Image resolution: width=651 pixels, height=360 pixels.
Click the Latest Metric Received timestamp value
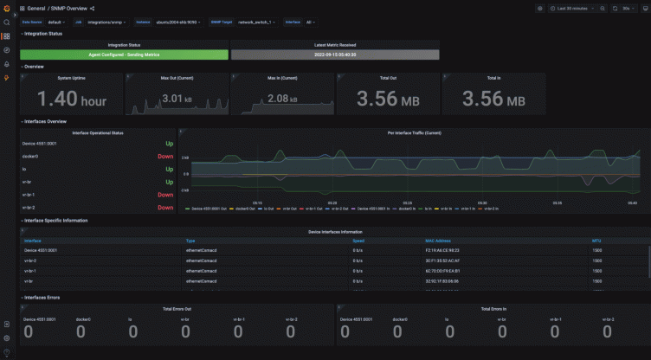pyautogui.click(x=335, y=55)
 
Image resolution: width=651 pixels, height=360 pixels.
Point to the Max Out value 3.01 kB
pyautogui.click(x=177, y=99)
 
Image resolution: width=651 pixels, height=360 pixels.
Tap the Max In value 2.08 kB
pyautogui.click(x=282, y=99)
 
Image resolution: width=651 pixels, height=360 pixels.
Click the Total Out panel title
pyautogui.click(x=388, y=78)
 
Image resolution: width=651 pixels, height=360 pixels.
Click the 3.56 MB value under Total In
pyautogui.click(x=493, y=100)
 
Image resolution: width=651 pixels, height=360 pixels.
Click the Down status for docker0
pyautogui.click(x=165, y=157)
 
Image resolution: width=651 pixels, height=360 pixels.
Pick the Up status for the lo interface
pyautogui.click(x=169, y=170)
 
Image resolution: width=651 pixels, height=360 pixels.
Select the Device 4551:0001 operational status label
pyautogui.click(x=40, y=144)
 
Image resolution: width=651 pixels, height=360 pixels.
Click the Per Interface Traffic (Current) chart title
pyautogui.click(x=414, y=133)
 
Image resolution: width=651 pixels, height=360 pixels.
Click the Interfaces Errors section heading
pyautogui.click(x=42, y=297)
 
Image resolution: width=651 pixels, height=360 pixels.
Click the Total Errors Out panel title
pyautogui.click(x=177, y=308)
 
